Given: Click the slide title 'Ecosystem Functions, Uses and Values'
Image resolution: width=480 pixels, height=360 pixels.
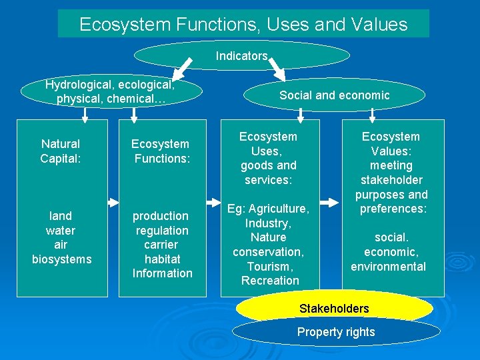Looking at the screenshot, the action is (243, 25).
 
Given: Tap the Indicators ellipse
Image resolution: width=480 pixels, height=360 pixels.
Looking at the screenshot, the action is (242, 56).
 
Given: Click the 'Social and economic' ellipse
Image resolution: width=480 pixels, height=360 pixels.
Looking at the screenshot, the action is (334, 95).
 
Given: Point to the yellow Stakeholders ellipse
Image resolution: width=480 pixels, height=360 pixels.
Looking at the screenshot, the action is (334, 309).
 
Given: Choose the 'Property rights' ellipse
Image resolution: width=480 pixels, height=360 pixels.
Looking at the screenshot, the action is (336, 332).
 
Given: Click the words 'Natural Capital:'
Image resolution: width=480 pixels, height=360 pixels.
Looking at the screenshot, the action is (60, 151).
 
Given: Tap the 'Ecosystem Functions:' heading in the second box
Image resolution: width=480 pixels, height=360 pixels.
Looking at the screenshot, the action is (161, 151).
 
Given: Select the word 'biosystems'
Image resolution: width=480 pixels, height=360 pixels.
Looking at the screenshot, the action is (62, 259).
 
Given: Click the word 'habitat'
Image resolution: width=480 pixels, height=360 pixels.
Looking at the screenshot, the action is (162, 259).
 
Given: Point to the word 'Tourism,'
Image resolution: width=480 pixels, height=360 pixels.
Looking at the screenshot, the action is (269, 266).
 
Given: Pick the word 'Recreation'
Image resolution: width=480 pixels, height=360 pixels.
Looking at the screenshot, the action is (270, 281).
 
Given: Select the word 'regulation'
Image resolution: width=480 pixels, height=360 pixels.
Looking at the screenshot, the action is (162, 230).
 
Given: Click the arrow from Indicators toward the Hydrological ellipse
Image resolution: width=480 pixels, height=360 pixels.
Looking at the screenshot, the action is (181, 69).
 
